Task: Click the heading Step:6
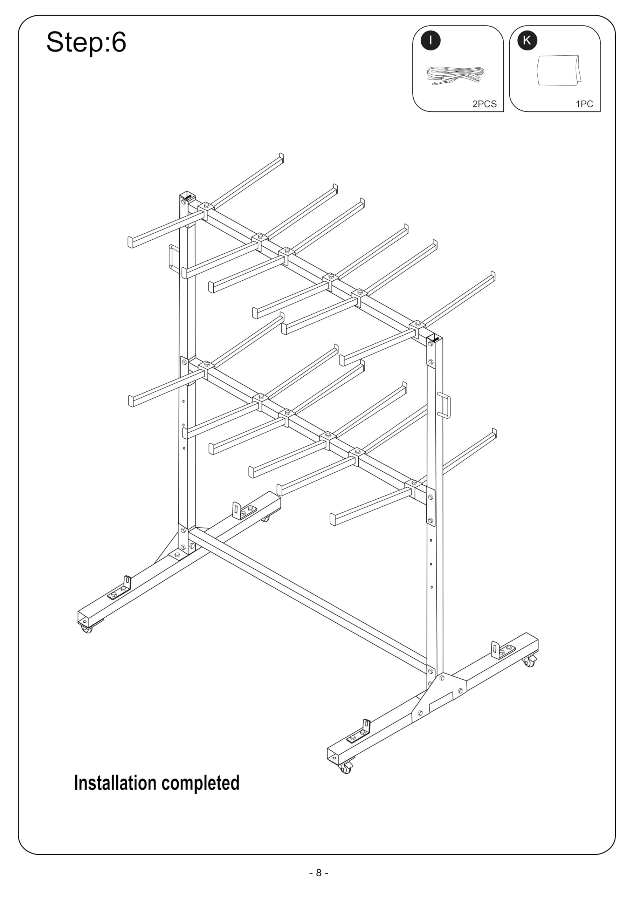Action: pyautogui.click(x=86, y=42)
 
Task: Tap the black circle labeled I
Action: pyautogui.click(x=430, y=40)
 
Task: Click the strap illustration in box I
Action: pyautogui.click(x=455, y=75)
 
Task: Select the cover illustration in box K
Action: pyautogui.click(x=559, y=70)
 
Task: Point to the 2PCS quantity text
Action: pyautogui.click(x=484, y=104)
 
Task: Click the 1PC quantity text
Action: pyautogui.click(x=584, y=104)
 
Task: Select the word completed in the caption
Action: pyautogui.click(x=200, y=784)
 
